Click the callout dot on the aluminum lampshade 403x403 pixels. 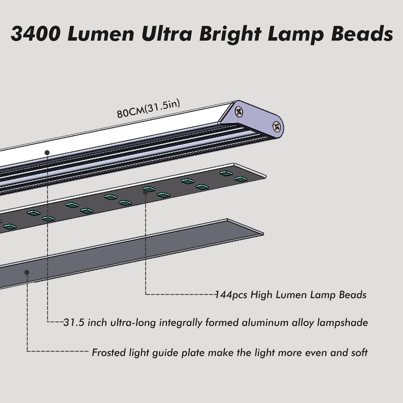pyautogui.click(x=47, y=152)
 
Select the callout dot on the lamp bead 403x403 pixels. pyautogui.click(x=145, y=192)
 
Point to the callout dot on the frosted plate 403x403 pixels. pyautogui.click(x=28, y=272)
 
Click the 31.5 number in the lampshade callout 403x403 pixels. pyautogui.click(x=73, y=323)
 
